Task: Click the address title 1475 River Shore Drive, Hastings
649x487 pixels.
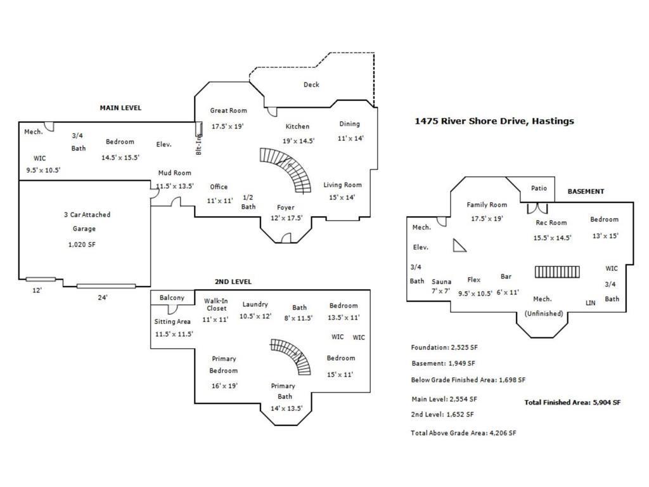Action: click(494, 120)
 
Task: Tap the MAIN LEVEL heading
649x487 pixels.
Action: click(120, 108)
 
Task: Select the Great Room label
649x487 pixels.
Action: click(228, 111)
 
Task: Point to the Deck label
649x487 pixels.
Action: click(311, 85)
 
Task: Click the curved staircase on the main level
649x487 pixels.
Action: click(289, 168)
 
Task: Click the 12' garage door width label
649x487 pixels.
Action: click(37, 290)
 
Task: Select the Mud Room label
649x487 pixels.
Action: click(174, 173)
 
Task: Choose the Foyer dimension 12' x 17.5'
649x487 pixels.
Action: click(285, 218)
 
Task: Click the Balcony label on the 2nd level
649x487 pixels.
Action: click(172, 298)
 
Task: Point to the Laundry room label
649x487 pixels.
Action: click(255, 304)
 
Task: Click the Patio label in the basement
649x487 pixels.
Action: click(539, 188)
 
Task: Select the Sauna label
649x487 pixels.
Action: click(441, 282)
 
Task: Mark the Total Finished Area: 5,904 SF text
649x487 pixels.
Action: click(572, 402)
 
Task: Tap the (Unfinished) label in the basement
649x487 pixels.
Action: click(543, 313)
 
